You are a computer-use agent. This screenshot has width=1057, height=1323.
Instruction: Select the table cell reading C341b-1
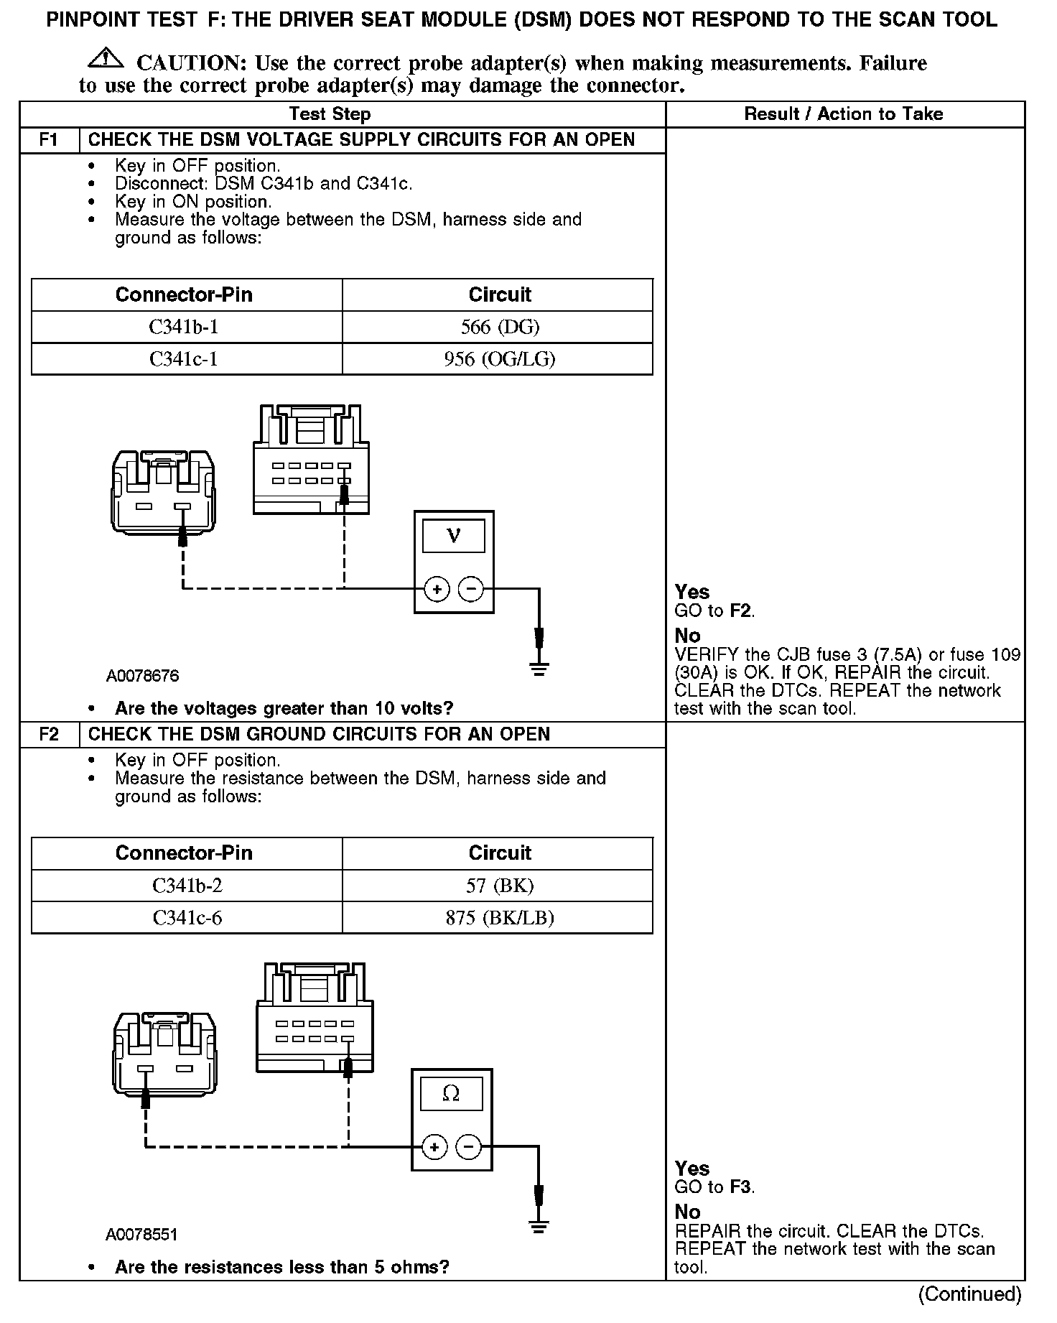(184, 327)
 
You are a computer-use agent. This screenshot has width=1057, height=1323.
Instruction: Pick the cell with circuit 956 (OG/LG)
(500, 358)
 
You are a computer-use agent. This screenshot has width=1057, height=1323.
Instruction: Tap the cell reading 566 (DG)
(500, 327)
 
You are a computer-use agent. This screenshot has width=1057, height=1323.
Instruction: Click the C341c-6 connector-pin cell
(187, 917)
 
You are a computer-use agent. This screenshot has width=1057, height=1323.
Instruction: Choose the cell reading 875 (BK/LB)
(500, 917)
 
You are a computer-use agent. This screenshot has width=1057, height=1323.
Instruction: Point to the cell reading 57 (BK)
(500, 886)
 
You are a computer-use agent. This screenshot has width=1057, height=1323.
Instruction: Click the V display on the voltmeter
(454, 536)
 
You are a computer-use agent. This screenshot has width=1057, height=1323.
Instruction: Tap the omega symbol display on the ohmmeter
(451, 1093)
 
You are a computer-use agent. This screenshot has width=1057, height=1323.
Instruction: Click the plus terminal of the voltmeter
(437, 590)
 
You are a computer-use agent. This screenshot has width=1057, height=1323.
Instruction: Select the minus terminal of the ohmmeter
(469, 1147)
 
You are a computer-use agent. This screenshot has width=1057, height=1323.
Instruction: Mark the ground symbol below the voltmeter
(539, 669)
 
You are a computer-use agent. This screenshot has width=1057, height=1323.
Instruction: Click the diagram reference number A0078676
(142, 676)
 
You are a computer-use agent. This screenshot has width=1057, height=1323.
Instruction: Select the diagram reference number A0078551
(141, 1235)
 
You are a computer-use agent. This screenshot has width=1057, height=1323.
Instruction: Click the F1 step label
(49, 140)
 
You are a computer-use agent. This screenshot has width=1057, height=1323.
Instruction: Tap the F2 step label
(49, 734)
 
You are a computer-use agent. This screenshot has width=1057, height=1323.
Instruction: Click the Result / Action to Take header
(844, 113)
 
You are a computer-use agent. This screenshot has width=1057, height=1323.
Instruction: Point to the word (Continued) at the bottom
(969, 1294)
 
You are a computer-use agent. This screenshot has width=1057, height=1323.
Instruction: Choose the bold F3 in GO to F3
(741, 1187)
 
